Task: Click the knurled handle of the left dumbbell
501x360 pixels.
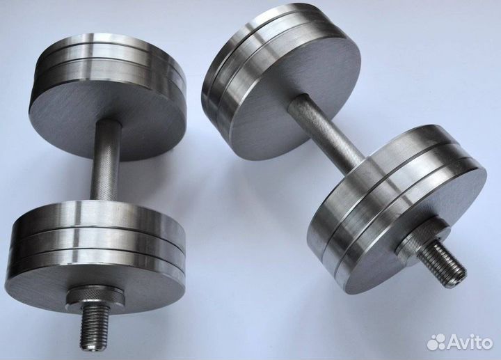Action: pyautogui.click(x=105, y=160)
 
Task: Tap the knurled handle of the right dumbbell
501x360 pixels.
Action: pyautogui.click(x=326, y=130)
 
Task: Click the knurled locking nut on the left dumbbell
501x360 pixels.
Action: pyautogui.click(x=95, y=296)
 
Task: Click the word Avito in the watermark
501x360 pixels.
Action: pyautogui.click(x=470, y=343)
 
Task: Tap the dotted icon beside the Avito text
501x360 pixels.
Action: pyautogui.click(x=436, y=342)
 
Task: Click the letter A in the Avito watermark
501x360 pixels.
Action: pyautogui.click(x=454, y=343)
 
